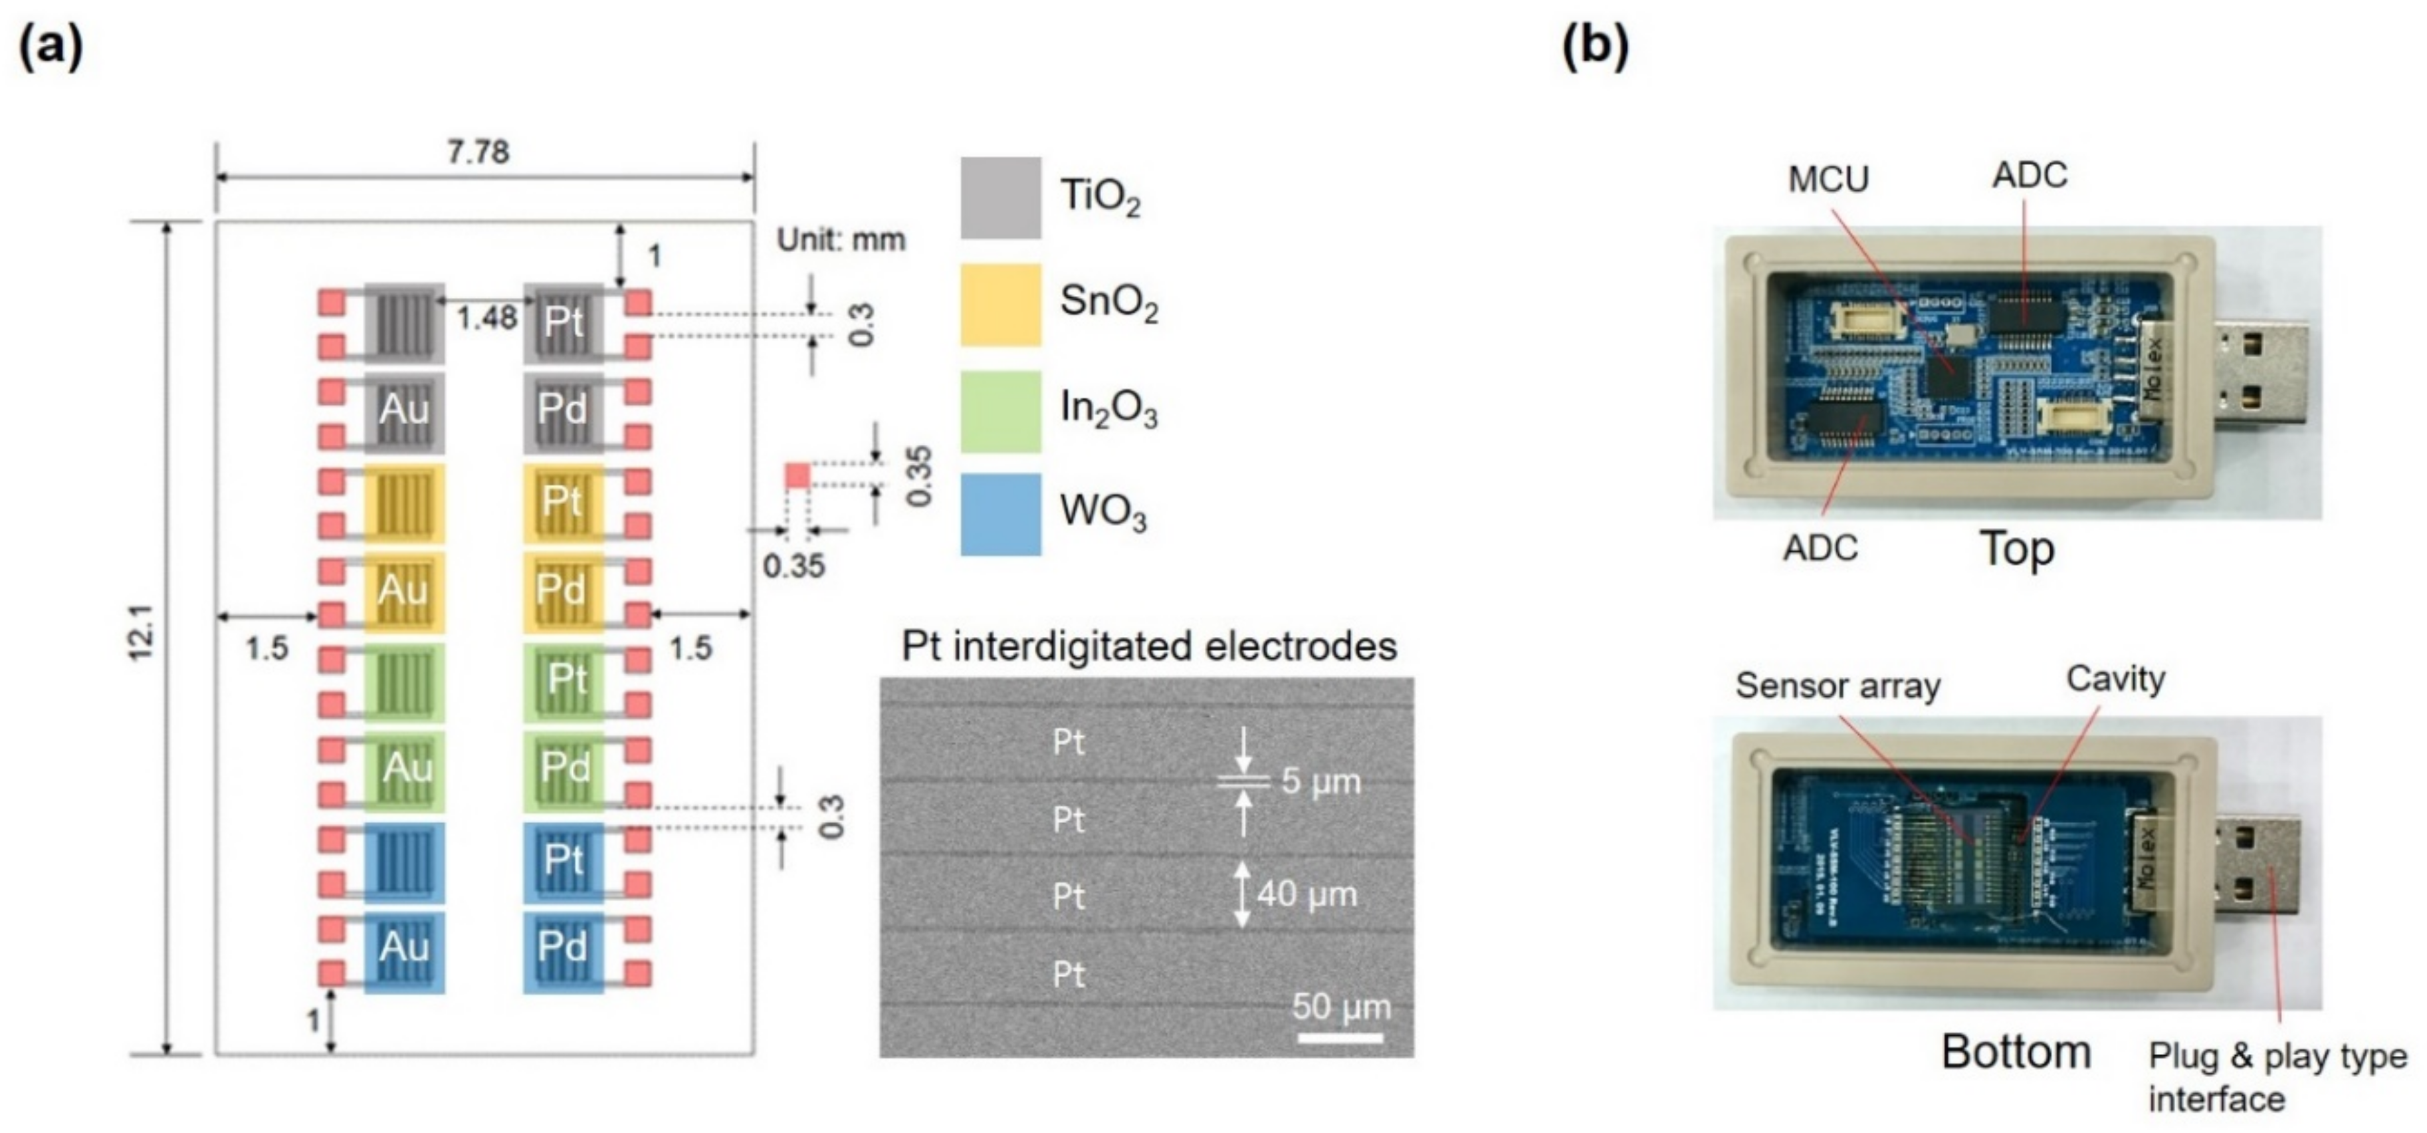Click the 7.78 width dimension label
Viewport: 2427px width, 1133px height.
pos(478,152)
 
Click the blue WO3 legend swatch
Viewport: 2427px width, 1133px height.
pos(1001,514)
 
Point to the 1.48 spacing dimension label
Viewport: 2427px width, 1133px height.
pos(486,318)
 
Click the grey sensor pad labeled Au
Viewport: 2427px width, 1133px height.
pos(404,409)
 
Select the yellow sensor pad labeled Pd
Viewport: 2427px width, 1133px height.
pos(562,590)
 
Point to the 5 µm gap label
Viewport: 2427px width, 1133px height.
pos(1320,781)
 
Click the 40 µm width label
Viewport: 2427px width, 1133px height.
pos(1307,894)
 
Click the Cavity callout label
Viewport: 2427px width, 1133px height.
pos(2115,679)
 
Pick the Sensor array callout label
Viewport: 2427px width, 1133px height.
pos(1838,686)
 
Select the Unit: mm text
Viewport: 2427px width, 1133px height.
pos(841,240)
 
